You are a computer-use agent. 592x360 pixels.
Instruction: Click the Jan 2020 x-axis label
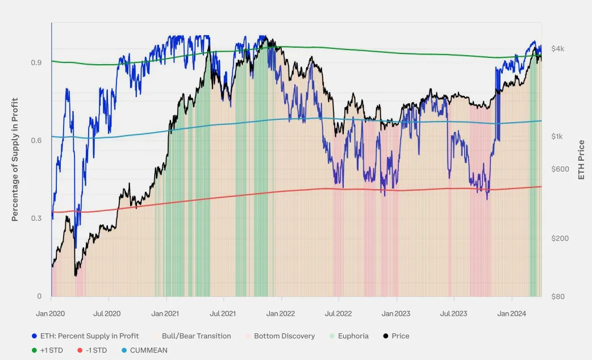coord(51,313)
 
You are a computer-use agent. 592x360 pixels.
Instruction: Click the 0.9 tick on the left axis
coord(36,62)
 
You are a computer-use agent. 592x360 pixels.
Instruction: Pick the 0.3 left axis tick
coord(36,219)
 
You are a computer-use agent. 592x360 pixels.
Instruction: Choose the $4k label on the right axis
coord(558,49)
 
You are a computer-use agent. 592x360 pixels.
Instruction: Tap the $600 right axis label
coord(560,169)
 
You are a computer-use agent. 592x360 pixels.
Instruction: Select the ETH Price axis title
coord(581,160)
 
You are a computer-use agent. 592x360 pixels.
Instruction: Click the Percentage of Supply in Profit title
coord(15,160)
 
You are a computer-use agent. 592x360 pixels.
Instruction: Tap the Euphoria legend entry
coord(353,336)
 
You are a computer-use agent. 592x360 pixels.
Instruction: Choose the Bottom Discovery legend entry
coord(284,336)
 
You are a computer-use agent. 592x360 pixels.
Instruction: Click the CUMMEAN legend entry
coord(149,350)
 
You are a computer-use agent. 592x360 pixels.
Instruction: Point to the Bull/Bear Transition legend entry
coord(196,336)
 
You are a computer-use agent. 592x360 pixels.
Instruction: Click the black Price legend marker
coord(386,336)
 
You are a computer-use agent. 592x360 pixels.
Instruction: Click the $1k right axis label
coord(557,137)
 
